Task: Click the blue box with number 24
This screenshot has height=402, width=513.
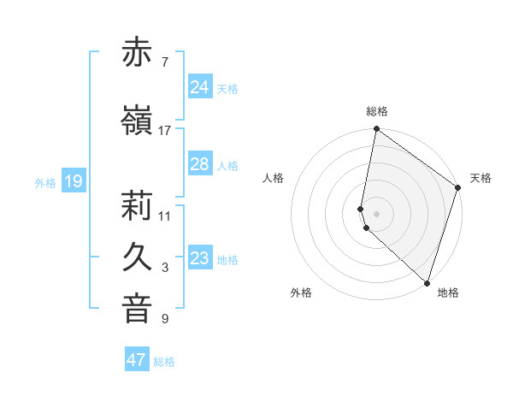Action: [x=200, y=87]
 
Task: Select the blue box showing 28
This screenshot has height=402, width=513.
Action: [x=200, y=164]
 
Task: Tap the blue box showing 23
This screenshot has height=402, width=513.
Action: [x=200, y=258]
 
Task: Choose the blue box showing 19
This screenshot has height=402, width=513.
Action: [x=74, y=181]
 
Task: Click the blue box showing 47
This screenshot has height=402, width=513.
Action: [x=137, y=360]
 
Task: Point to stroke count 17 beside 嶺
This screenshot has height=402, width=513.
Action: [x=165, y=131]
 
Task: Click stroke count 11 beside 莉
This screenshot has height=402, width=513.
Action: [x=165, y=216]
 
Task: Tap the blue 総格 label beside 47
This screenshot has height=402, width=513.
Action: [x=165, y=362]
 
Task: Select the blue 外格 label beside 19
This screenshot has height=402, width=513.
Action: [x=45, y=183]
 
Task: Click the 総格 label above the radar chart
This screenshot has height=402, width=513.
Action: [x=377, y=111]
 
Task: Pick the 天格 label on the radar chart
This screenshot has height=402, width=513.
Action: [x=481, y=178]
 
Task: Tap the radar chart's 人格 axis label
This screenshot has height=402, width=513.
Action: [x=274, y=178]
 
